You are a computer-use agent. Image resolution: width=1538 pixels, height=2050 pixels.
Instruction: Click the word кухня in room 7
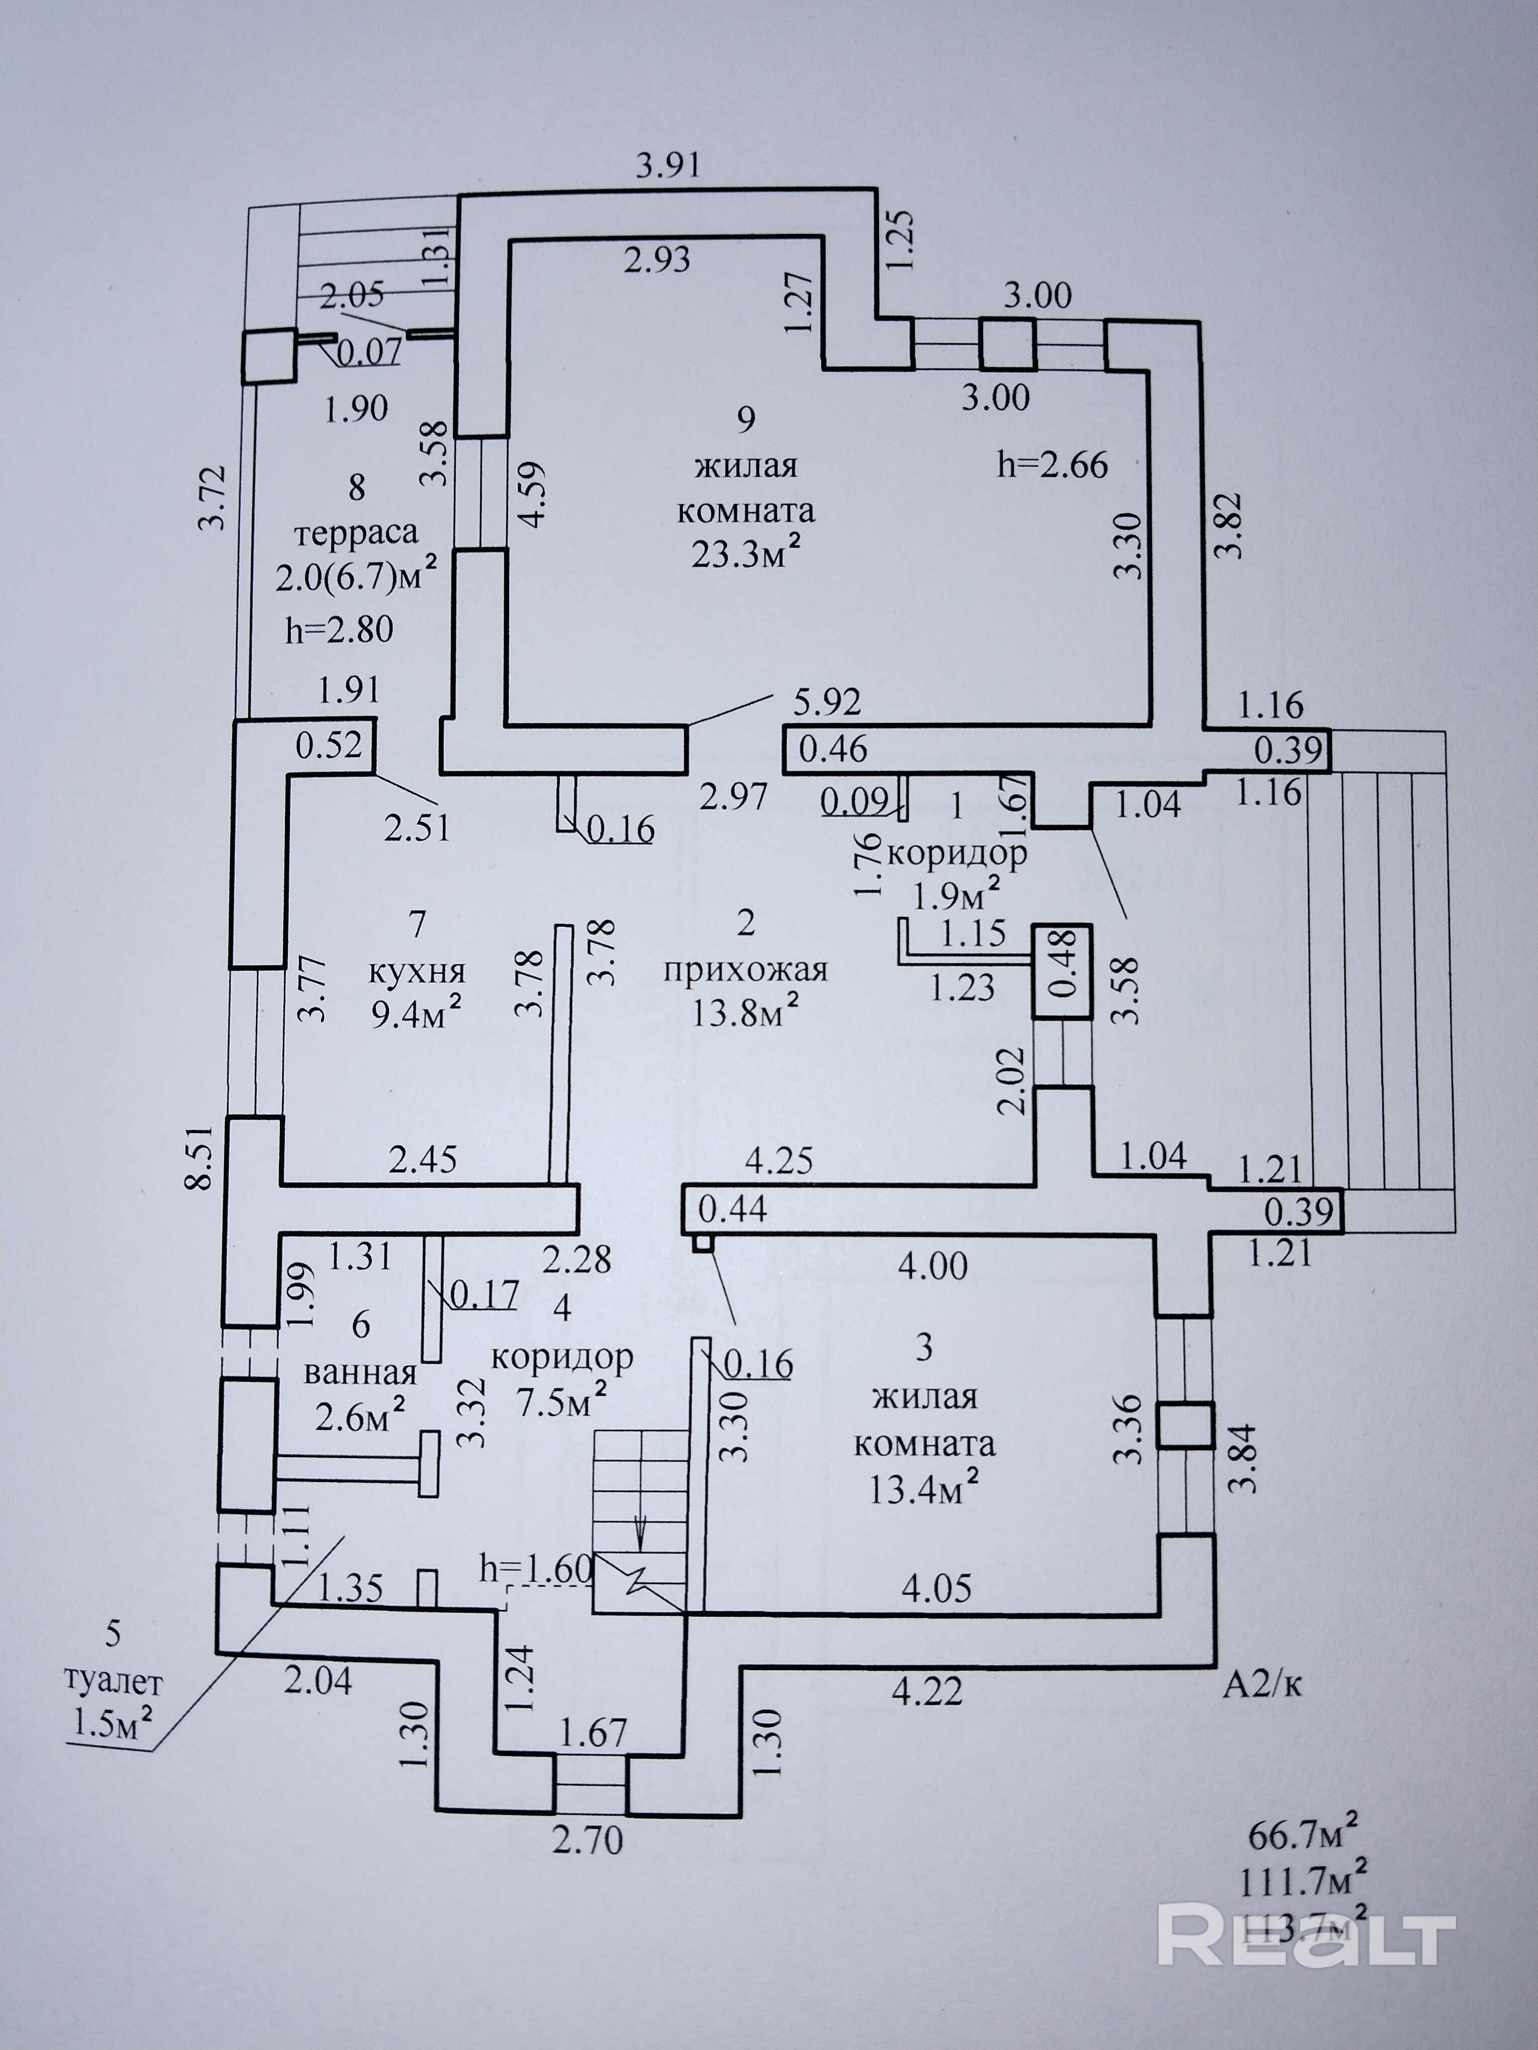pos(417,972)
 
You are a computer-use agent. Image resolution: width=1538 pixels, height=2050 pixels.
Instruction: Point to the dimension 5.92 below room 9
pos(827,701)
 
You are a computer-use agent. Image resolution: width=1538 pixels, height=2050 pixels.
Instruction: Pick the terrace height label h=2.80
pos(339,630)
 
